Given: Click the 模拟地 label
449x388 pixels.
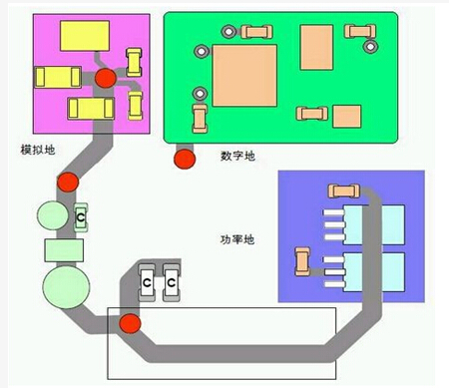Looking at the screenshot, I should click(x=38, y=151).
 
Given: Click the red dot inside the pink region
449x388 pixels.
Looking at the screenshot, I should click(x=104, y=79).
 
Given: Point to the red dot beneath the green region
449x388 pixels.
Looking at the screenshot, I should click(x=184, y=157).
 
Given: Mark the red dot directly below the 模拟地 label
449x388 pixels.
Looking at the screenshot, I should click(x=67, y=183).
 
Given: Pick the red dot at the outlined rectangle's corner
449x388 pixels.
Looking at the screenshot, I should click(x=130, y=324).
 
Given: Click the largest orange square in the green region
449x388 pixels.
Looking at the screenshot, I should click(x=243, y=76).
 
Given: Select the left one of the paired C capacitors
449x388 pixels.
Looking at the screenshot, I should click(x=147, y=284).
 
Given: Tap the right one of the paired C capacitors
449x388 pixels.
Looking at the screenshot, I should click(x=172, y=284).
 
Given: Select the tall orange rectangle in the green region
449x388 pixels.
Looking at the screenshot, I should click(x=316, y=47).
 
